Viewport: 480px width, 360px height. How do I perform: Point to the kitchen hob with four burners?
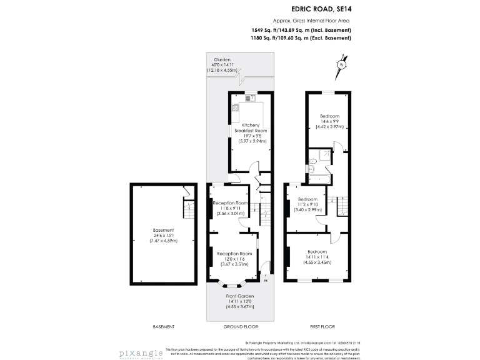236,107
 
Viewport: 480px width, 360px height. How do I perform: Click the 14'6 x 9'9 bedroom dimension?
330,122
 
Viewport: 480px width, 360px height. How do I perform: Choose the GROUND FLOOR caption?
240,326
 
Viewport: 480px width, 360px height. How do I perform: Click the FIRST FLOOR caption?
322,326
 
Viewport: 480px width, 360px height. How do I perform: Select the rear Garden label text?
222,60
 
